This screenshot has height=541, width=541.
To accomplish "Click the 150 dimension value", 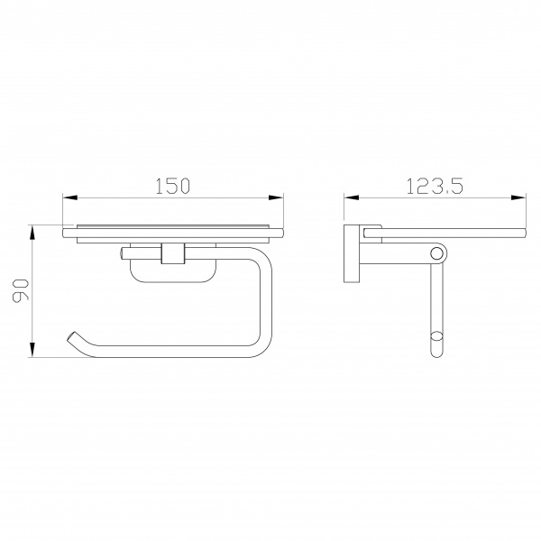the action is click(x=172, y=186).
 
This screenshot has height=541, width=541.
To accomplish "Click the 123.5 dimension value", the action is click(x=435, y=186).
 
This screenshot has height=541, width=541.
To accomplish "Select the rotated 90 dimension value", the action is click(x=20, y=291).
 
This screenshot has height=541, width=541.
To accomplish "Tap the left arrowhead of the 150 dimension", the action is click(x=69, y=197).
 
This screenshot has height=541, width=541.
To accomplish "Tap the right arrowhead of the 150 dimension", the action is click(x=276, y=197).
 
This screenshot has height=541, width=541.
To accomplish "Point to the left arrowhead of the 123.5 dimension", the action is click(x=351, y=197).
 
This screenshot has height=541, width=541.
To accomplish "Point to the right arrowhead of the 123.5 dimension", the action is click(x=518, y=197).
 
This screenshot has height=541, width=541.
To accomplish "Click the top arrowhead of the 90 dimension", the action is click(x=32, y=233).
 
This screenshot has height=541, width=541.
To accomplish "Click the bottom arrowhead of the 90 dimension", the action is click(x=32, y=350).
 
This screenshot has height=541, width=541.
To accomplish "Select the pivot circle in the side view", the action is click(x=436, y=254).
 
